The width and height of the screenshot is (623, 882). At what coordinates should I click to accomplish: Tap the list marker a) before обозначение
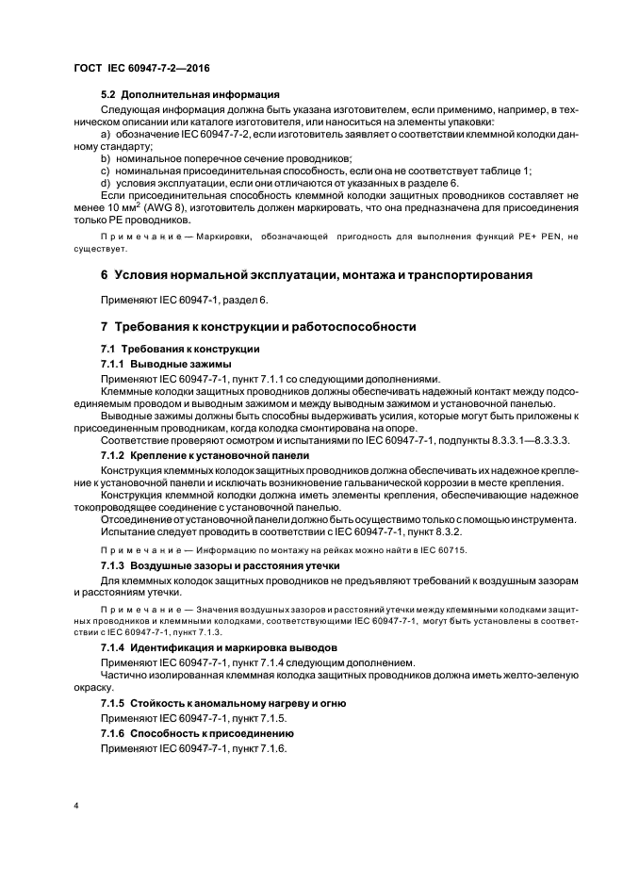[105, 135]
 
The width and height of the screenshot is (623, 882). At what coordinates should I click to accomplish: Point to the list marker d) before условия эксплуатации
[105, 182]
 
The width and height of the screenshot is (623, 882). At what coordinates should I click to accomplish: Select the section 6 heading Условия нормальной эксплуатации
[316, 275]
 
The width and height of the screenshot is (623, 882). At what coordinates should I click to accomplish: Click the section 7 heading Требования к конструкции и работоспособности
[258, 326]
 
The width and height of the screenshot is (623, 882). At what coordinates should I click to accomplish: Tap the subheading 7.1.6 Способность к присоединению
[198, 732]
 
